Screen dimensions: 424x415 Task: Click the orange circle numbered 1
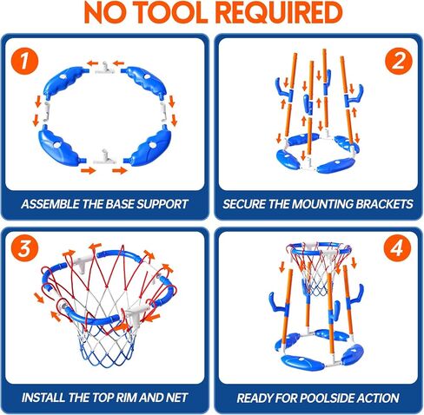click(24, 61)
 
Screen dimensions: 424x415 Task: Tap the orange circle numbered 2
click(399, 61)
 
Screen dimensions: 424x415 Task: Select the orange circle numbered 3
click(24, 248)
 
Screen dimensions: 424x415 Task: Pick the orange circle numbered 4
click(397, 248)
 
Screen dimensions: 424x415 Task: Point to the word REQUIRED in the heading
click(280, 13)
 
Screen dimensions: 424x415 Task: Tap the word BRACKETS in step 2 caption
click(384, 204)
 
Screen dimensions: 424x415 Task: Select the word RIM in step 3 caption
click(127, 398)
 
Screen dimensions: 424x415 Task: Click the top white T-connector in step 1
click(106, 68)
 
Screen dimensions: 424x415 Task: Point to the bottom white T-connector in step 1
click(104, 157)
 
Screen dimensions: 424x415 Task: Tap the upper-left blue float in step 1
click(66, 81)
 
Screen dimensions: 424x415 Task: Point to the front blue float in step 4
click(302, 363)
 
